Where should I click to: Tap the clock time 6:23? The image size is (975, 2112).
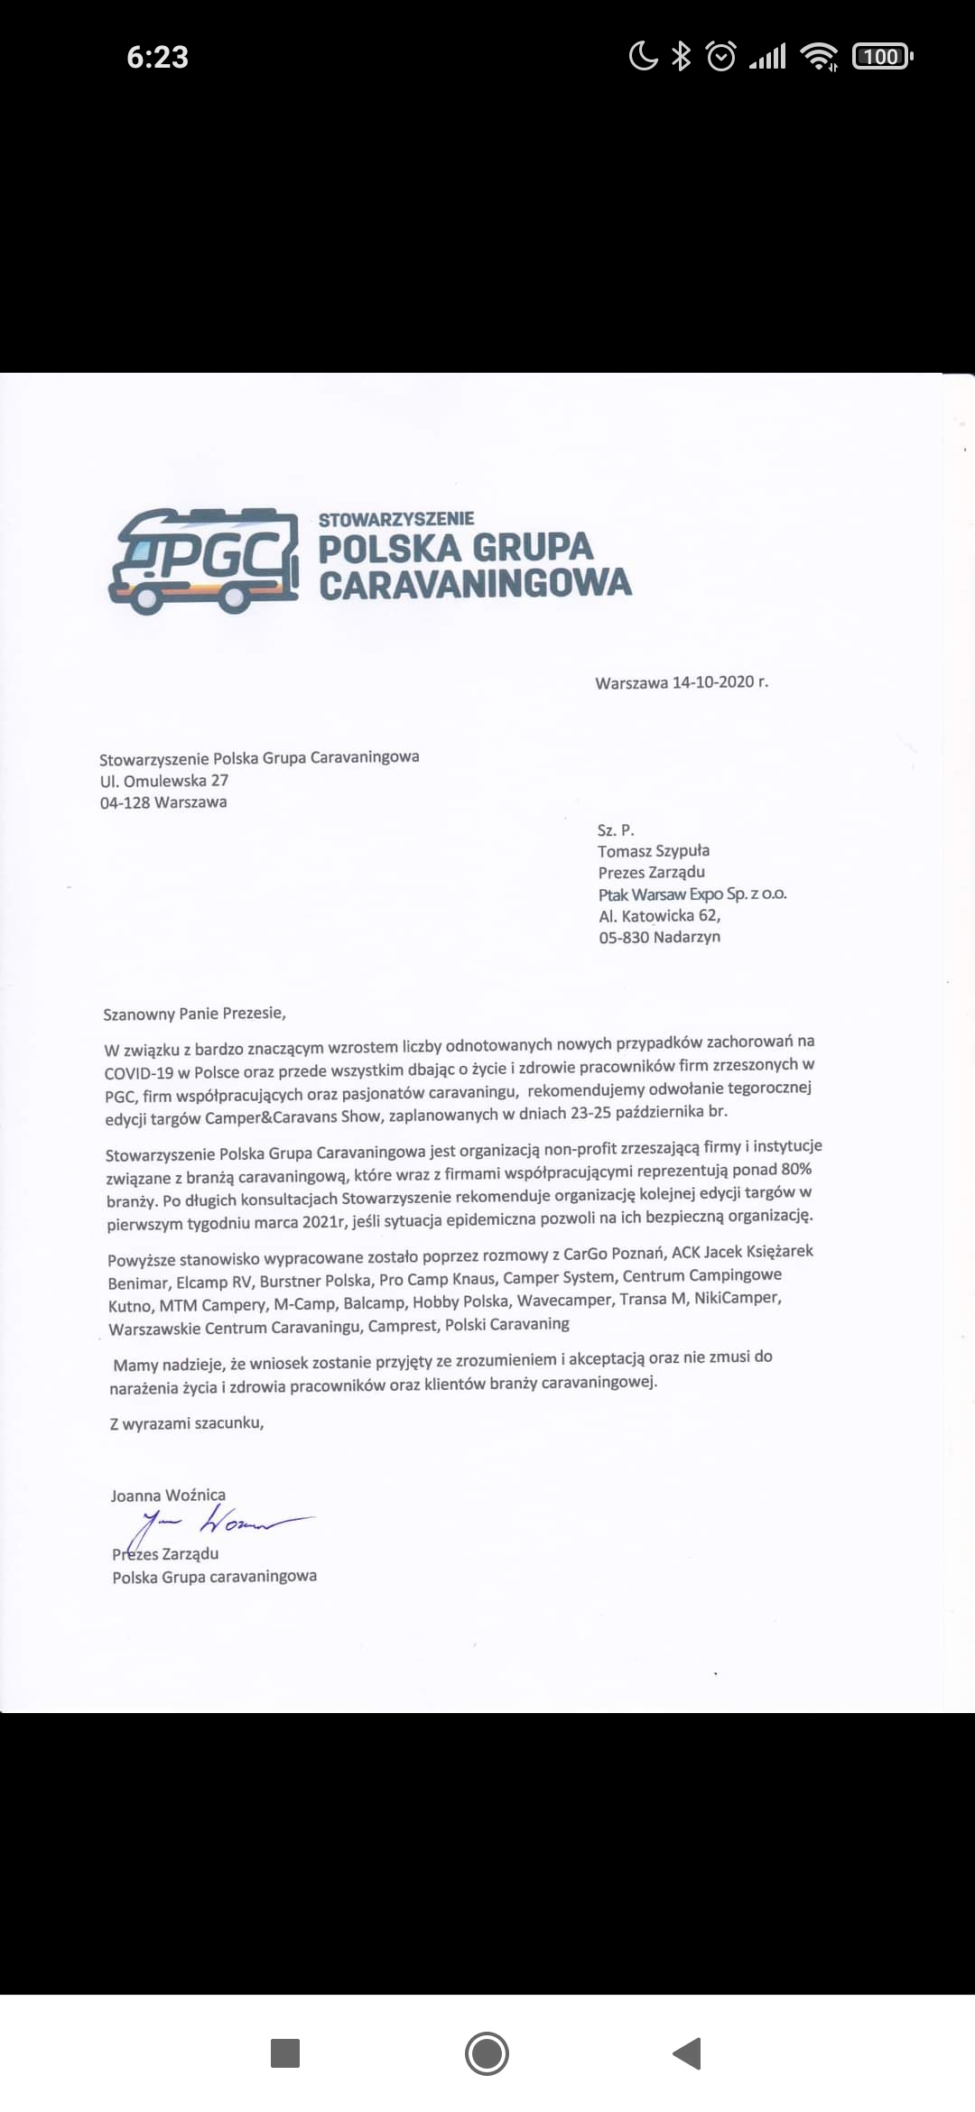pyautogui.click(x=157, y=58)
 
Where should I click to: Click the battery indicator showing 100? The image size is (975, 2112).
pyautogui.click(x=882, y=57)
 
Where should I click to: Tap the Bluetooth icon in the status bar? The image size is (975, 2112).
pyautogui.click(x=682, y=57)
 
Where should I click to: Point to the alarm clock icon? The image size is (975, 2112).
pyautogui.click(x=720, y=57)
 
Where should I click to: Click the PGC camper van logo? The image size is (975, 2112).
pyautogui.click(x=204, y=560)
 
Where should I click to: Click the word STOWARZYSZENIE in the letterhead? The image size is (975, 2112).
pyautogui.click(x=396, y=519)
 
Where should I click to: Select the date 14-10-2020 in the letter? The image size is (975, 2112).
pyautogui.click(x=712, y=682)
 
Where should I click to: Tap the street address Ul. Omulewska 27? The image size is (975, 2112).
pyautogui.click(x=164, y=781)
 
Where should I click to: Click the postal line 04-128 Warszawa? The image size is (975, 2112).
pyautogui.click(x=163, y=802)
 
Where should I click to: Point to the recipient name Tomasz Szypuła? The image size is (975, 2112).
pyautogui.click(x=654, y=851)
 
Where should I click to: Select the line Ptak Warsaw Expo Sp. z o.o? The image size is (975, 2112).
pyautogui.click(x=692, y=894)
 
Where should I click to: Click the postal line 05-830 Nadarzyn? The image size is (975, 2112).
pyautogui.click(x=660, y=937)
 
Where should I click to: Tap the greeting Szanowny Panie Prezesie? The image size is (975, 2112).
pyautogui.click(x=194, y=1014)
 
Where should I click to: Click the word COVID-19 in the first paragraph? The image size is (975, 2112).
pyautogui.click(x=139, y=1074)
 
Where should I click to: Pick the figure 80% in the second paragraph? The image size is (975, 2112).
pyautogui.click(x=795, y=1169)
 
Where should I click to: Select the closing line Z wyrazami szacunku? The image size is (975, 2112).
pyautogui.click(x=187, y=1423)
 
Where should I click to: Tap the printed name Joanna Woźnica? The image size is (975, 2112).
pyautogui.click(x=168, y=1496)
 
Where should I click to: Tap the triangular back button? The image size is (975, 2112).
pyautogui.click(x=688, y=2053)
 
